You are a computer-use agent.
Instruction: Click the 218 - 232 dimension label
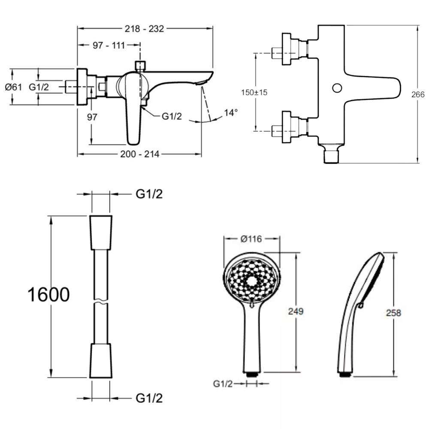pos(144,28)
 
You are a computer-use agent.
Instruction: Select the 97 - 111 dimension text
pos(109,45)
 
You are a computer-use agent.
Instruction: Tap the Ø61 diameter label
pos(13,87)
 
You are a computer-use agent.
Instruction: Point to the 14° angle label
pos(231,112)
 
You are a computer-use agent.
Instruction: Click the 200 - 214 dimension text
pos(139,154)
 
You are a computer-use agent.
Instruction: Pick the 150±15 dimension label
pos(254,93)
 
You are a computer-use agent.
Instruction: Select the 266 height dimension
pos(418,95)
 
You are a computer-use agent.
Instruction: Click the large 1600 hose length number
pos(48,295)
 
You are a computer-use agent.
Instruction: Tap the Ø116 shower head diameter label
pos(251,239)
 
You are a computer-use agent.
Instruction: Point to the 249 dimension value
pos(296,311)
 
